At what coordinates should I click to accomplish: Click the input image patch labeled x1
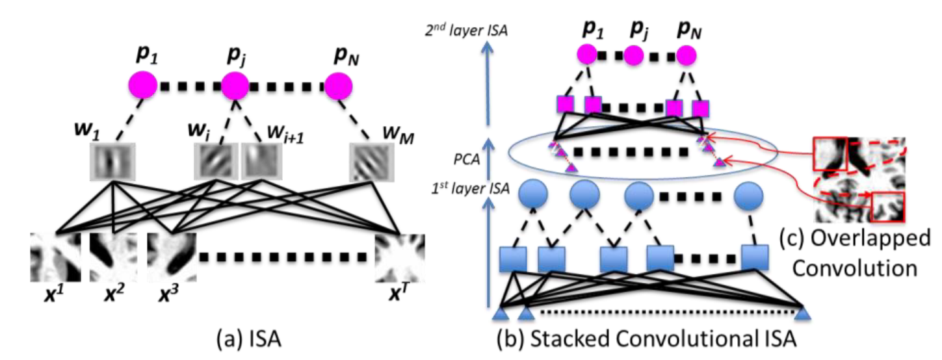pos(55,256)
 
